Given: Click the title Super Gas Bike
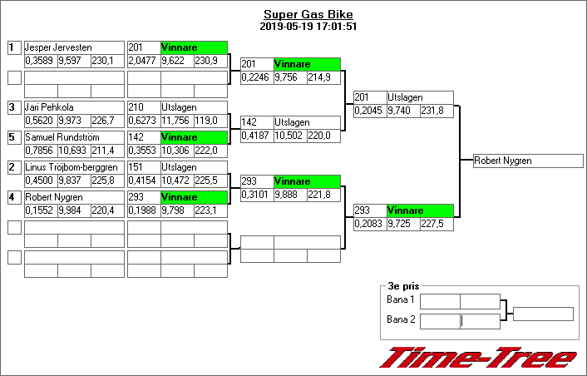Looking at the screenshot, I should [x=308, y=14].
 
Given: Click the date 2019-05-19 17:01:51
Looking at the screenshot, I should [x=308, y=26].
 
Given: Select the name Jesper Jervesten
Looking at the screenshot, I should [x=58, y=47].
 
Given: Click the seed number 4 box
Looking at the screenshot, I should [x=13, y=197].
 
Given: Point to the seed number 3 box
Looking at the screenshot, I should [x=13, y=107].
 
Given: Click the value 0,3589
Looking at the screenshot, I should [x=40, y=61].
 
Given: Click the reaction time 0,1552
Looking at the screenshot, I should [x=40, y=210].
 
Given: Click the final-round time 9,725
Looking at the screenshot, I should [x=403, y=224].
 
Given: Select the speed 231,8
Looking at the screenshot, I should [x=437, y=111].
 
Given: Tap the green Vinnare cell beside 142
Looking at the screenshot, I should [x=194, y=137].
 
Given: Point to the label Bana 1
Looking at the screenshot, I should [x=401, y=299].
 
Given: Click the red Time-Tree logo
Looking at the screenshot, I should [x=477, y=358].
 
